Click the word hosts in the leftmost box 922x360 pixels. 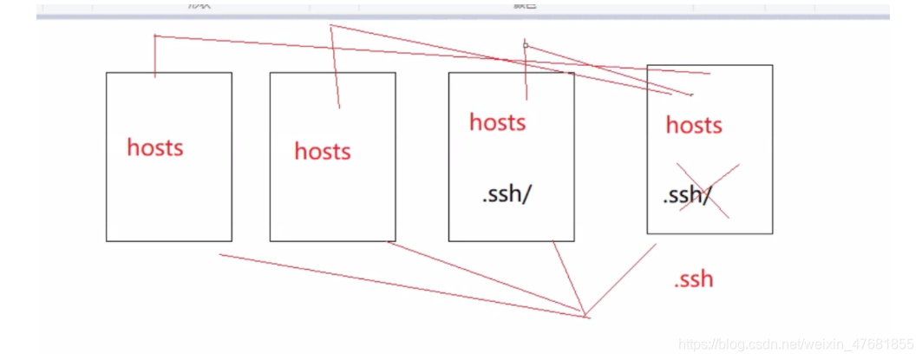pos(155,147)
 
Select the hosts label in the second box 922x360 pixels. pos(323,151)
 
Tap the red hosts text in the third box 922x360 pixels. pos(498,121)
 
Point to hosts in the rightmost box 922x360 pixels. pos(694,125)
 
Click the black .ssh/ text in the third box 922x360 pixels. pos(506,194)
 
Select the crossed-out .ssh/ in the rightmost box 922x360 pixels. pos(687,195)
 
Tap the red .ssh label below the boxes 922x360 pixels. pos(693,278)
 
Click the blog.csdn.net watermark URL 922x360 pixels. pos(795,344)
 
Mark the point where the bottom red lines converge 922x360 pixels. pos(585,314)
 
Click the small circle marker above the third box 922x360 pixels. pos(526,45)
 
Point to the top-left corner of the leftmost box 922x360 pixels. pos(107,73)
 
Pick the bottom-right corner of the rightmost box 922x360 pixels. pos(772,233)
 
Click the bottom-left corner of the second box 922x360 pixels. pos(270,240)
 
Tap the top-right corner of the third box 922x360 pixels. pos(573,73)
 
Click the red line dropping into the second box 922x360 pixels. pos(335,69)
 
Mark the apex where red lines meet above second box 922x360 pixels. pos(330,25)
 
